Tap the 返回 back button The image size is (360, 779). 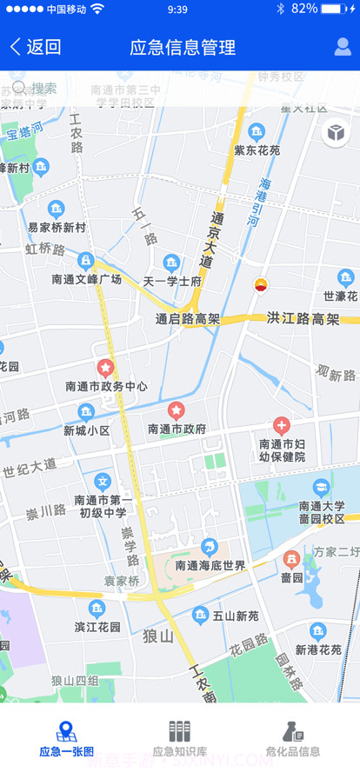point(36,47)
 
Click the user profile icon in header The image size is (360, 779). point(343,47)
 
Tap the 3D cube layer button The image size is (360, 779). point(336,133)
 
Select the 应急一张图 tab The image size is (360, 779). point(66,739)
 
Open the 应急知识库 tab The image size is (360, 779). point(179,739)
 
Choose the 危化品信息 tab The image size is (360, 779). point(293,739)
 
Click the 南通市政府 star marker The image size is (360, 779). point(176,409)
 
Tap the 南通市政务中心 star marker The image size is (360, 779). point(106,368)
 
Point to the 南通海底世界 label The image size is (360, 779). point(210,566)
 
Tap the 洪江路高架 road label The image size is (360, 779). point(303,319)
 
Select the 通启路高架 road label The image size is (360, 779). point(187,320)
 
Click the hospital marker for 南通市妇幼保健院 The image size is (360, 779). point(282,425)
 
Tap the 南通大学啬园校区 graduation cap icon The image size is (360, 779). point(322,487)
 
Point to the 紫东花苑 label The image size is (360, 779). point(257,150)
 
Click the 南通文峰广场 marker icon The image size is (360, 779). point(86,260)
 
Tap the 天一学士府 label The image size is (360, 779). point(172,282)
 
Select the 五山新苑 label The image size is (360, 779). point(236,616)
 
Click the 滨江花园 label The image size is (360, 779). point(97,627)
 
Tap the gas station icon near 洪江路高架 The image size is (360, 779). point(260,284)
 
